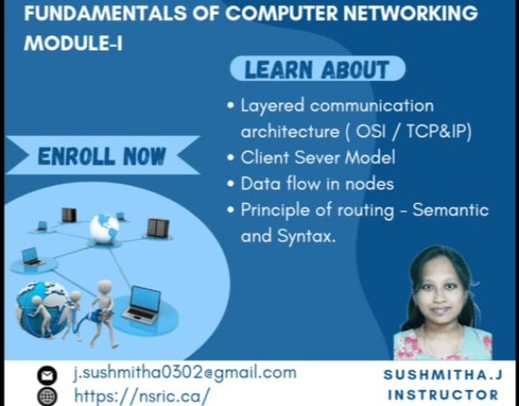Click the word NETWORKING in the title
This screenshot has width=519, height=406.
[405, 14]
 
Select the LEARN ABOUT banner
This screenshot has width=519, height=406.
[317, 69]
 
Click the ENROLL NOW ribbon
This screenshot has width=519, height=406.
[102, 156]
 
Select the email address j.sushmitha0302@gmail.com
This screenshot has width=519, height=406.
[184, 373]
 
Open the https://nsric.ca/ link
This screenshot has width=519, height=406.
[141, 395]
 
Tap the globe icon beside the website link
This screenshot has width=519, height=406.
[47, 396]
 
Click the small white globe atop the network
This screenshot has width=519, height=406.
[104, 226]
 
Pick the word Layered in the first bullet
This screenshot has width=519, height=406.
[269, 105]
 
